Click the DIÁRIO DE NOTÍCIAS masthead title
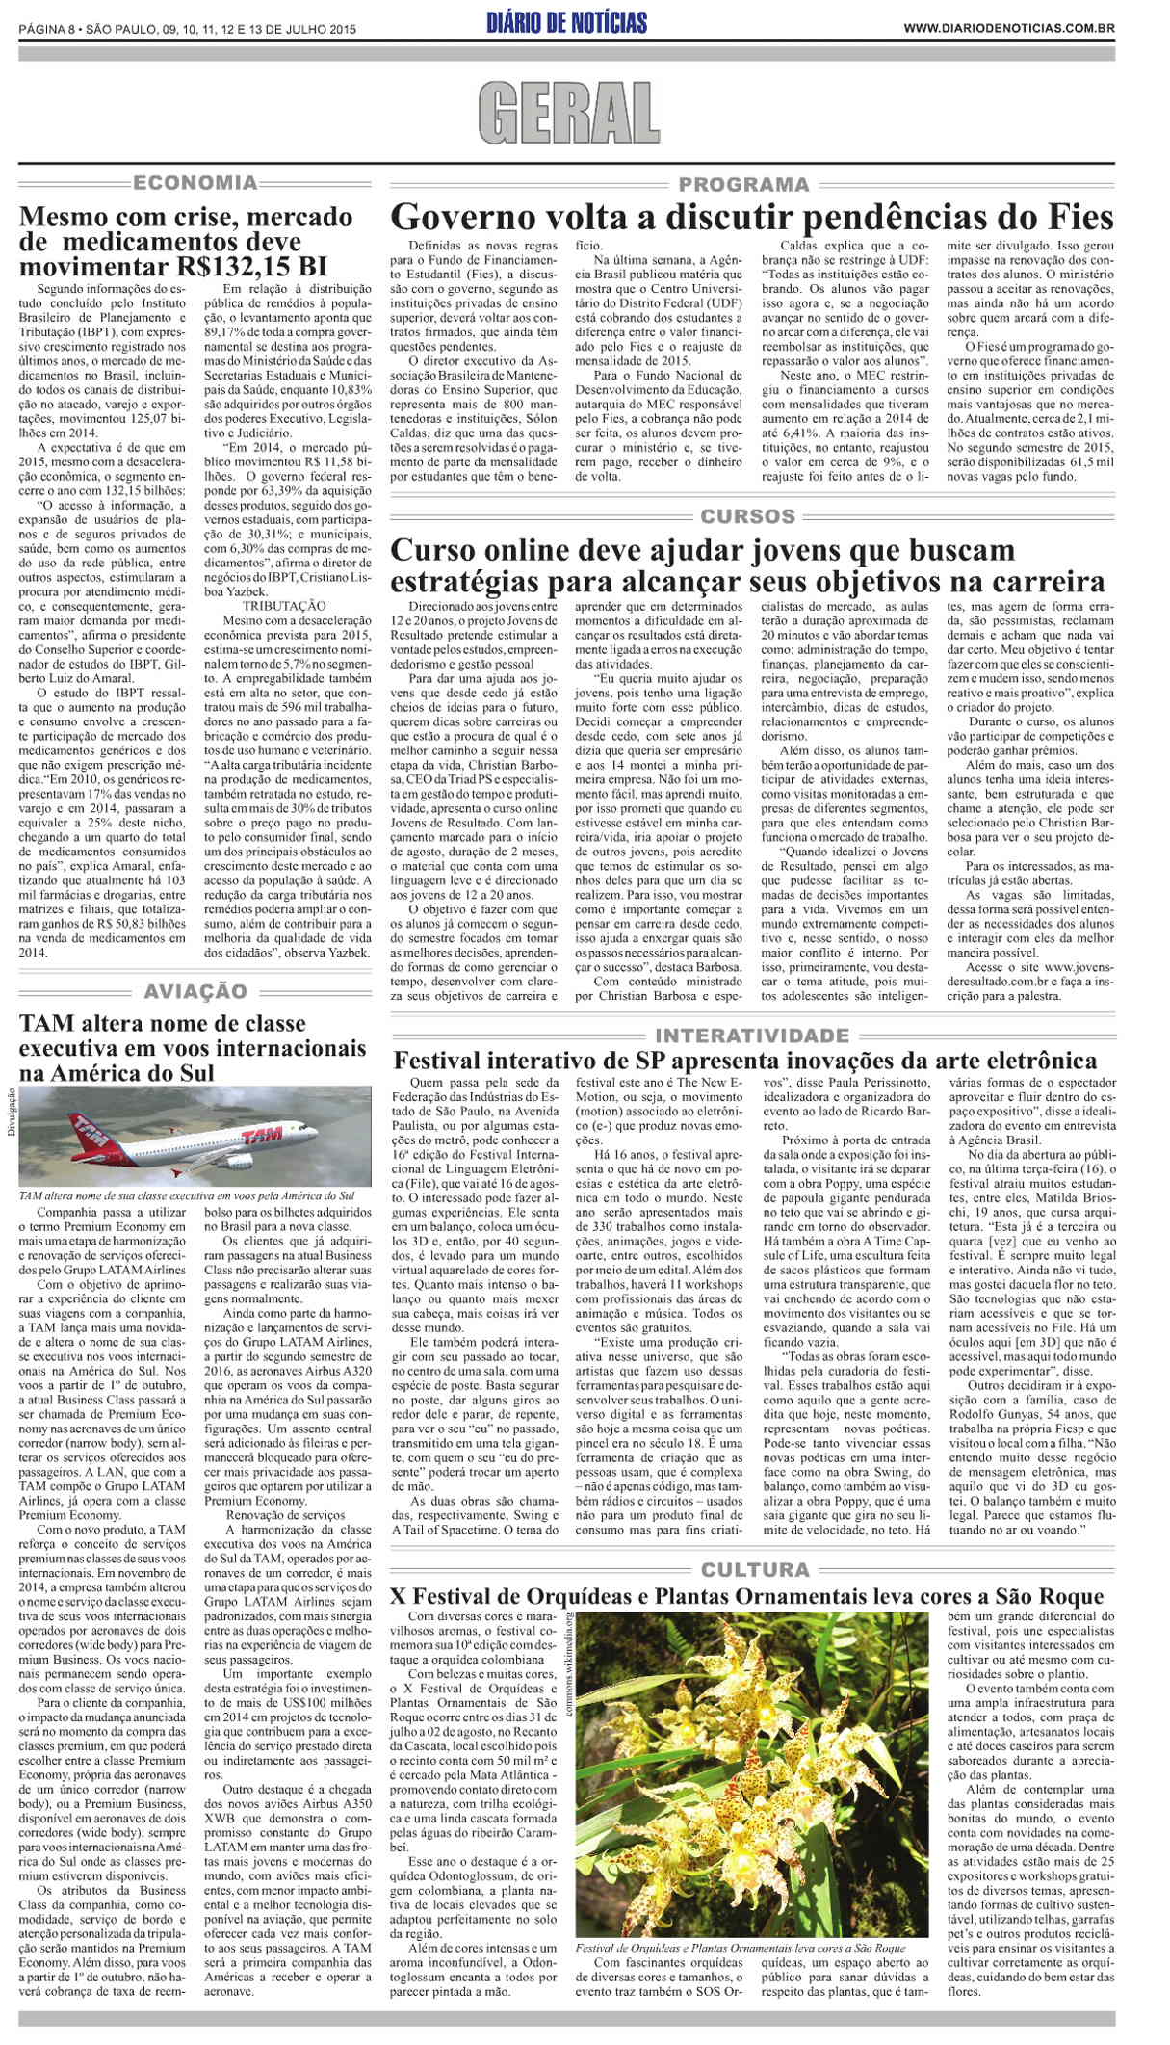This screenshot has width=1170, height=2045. click(566, 23)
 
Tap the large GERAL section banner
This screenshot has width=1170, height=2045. click(568, 114)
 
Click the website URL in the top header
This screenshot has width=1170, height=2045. click(1008, 29)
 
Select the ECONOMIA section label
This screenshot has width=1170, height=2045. click(195, 182)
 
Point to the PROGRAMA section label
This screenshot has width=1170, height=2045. click(743, 184)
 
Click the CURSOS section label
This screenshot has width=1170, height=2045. click(747, 516)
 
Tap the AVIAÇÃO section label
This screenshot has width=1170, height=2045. click(195, 991)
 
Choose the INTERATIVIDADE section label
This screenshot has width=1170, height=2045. click(751, 1036)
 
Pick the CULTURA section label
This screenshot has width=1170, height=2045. click(755, 1570)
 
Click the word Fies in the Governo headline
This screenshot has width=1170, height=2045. click(1079, 217)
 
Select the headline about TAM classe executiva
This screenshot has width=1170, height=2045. click(193, 1047)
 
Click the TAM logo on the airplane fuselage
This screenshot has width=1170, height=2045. click(262, 1137)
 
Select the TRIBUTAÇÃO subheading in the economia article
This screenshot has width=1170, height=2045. click(284, 605)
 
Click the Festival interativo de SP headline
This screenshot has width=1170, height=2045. click(744, 1062)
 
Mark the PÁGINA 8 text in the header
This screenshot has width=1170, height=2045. click(46, 29)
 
